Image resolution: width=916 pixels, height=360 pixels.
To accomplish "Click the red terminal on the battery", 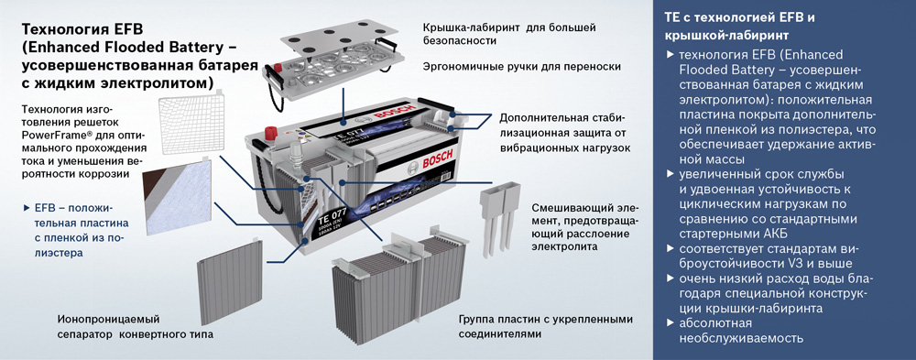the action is pos(270,132).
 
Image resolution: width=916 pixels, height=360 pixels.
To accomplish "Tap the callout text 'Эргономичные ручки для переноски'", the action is pos(522,67).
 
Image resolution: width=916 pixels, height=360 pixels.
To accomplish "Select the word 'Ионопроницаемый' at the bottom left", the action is pos(109,320).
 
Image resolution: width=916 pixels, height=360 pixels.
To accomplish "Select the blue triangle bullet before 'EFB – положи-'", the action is pos(26,208).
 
